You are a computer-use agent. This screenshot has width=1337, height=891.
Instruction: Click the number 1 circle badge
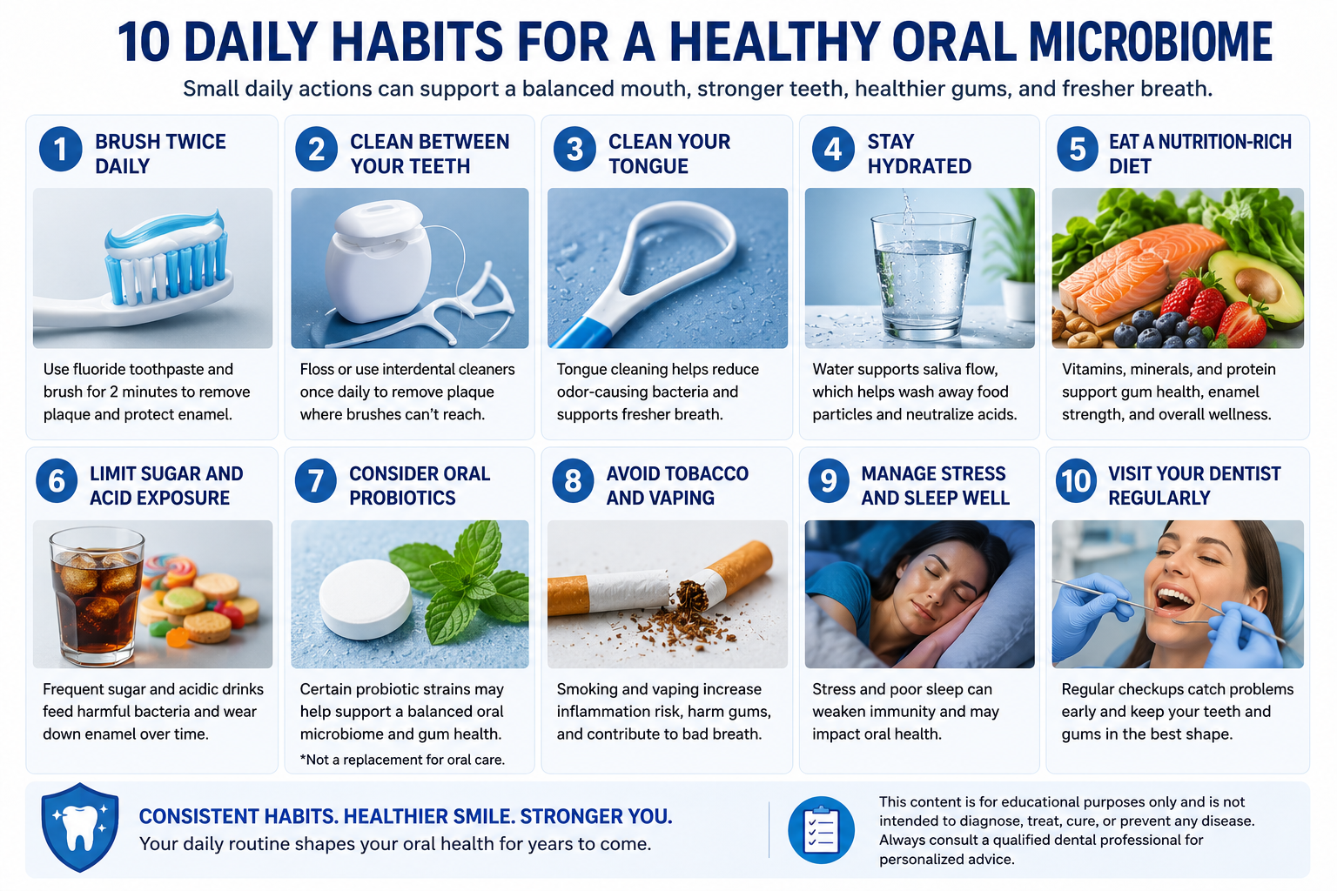click(x=61, y=149)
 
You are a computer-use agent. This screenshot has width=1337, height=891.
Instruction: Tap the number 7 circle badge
click(x=316, y=480)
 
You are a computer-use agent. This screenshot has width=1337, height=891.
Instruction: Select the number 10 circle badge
click(x=1076, y=480)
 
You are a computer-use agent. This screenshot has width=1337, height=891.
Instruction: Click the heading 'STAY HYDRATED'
click(x=919, y=153)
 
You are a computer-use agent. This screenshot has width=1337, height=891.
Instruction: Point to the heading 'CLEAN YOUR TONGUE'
click(x=669, y=153)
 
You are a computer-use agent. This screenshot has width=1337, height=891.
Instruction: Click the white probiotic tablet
click(x=366, y=599)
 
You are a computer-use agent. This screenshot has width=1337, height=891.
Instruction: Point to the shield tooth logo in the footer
click(x=79, y=827)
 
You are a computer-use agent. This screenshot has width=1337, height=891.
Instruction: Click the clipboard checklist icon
click(x=822, y=830)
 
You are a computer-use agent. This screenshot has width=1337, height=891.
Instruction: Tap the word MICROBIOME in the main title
click(x=1152, y=42)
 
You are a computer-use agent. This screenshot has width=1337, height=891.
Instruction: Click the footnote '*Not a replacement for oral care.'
click(x=402, y=760)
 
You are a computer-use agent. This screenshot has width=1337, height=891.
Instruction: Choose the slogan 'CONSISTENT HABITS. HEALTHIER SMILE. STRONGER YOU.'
click(x=406, y=816)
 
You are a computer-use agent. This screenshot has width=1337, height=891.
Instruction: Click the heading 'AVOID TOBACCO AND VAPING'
click(x=677, y=486)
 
